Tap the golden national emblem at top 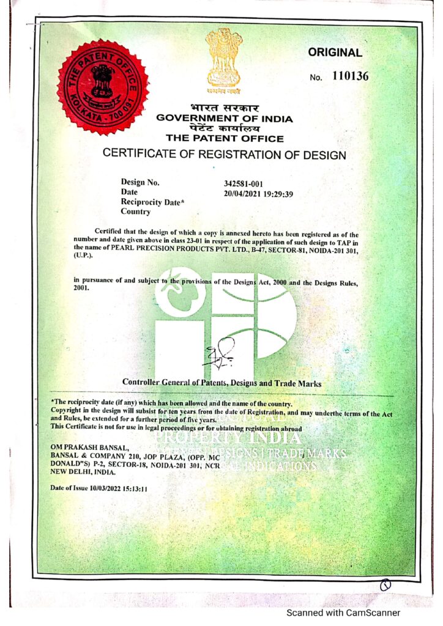223,59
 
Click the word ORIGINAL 335,53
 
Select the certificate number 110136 351,76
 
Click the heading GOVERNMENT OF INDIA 225,119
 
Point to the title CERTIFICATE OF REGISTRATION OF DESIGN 224,154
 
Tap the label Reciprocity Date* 150,202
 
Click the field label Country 135,212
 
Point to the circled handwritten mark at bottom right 385,586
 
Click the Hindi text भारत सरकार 224,109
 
